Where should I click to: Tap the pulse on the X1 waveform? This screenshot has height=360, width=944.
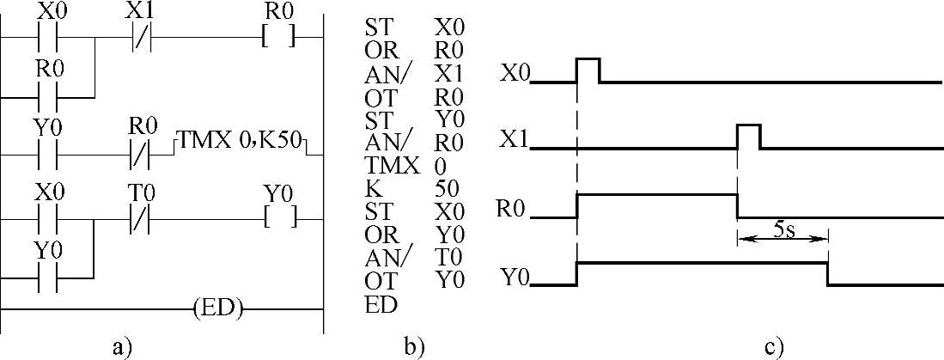pyautogui.click(x=748, y=136)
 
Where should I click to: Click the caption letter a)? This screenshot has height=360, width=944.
pyautogui.click(x=122, y=347)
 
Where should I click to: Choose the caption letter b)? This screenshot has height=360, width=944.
pyautogui.click(x=413, y=347)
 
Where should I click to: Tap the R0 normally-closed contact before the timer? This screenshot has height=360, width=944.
pyautogui.click(x=139, y=154)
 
